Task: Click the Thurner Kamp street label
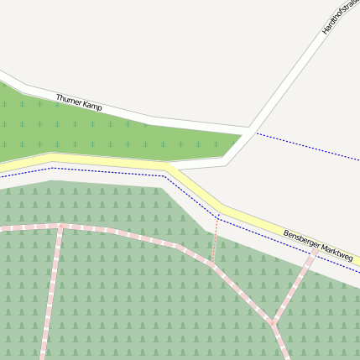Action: tap(79, 102)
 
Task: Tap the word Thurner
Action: tap(69, 100)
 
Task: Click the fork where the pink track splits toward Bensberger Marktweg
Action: tap(272, 322)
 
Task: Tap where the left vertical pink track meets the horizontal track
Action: tap(60, 226)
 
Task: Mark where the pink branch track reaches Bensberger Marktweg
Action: tap(315, 251)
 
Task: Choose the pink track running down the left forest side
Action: tap(51, 294)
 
